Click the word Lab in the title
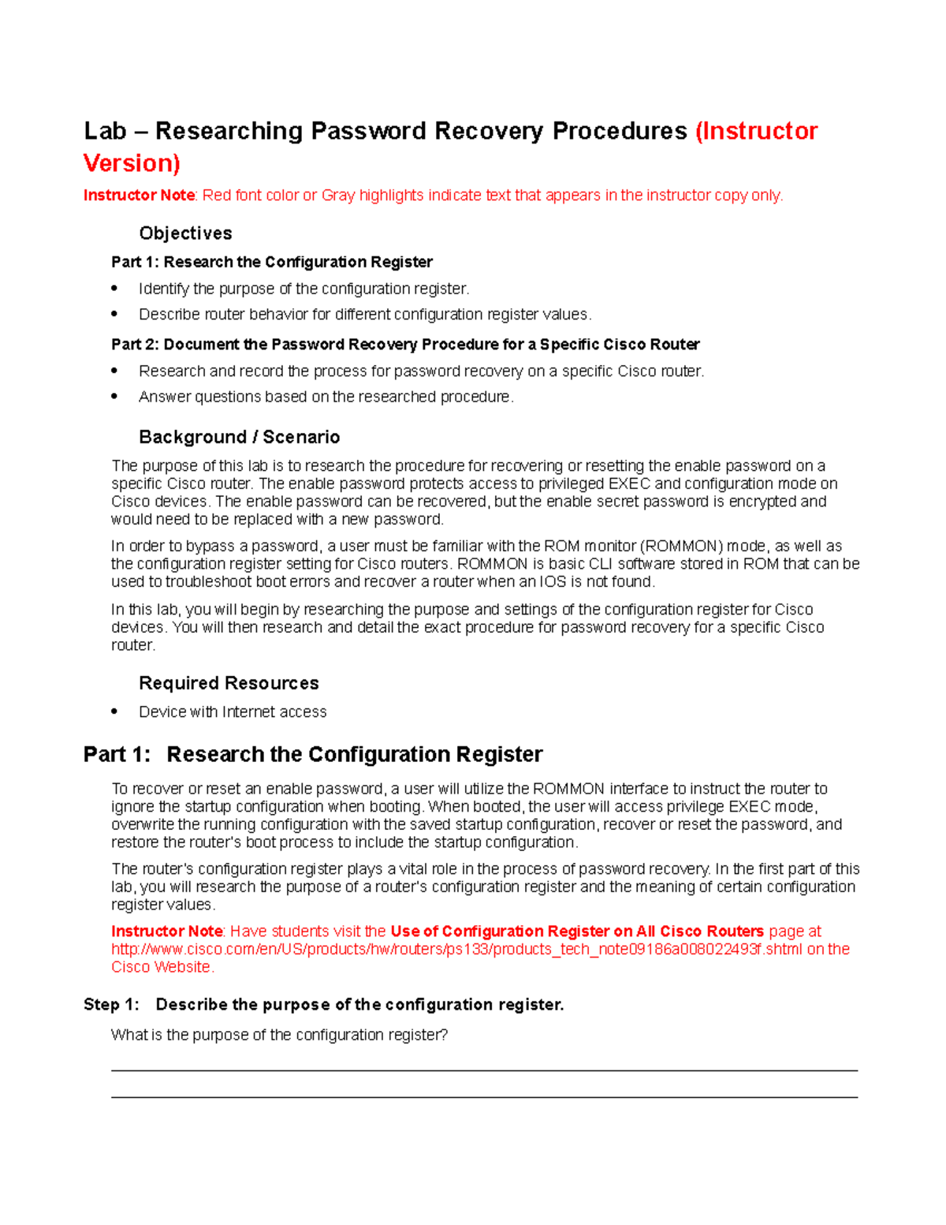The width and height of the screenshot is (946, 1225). coord(105,131)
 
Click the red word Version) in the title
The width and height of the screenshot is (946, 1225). coord(132,163)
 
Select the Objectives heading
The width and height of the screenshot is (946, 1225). coord(185,233)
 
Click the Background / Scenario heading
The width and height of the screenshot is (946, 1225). coord(239,437)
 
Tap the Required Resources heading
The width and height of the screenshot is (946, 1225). coord(229,683)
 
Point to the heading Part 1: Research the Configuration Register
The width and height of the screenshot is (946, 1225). coord(313,755)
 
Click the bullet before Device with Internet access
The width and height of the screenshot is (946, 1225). coord(115,711)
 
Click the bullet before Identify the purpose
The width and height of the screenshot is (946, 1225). coord(115,288)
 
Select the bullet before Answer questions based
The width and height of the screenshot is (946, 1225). coord(115,397)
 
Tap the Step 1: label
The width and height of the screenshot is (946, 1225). coord(111,1004)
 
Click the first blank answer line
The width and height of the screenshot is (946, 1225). coord(484,1070)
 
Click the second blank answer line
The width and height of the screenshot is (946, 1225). coord(484,1096)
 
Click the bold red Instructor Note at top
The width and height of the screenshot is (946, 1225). coord(139,196)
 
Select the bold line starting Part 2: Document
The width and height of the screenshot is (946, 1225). coord(405,345)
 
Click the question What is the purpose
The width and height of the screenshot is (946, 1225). coord(279,1035)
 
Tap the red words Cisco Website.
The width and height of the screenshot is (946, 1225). coord(162,967)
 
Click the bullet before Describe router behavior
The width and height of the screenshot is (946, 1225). coord(115,314)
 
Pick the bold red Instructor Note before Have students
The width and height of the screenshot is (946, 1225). coord(167,932)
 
